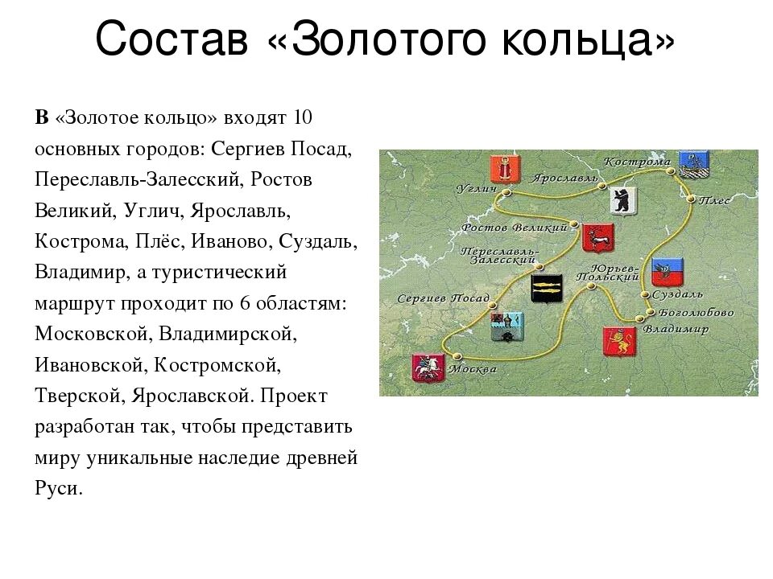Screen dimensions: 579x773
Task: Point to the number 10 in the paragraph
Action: coord(302,117)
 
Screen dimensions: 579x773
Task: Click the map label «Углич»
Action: coord(474,188)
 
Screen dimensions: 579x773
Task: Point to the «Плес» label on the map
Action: coord(714,199)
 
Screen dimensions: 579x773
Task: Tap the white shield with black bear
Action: coord(622,199)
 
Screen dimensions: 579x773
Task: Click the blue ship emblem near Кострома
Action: coord(692,163)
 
